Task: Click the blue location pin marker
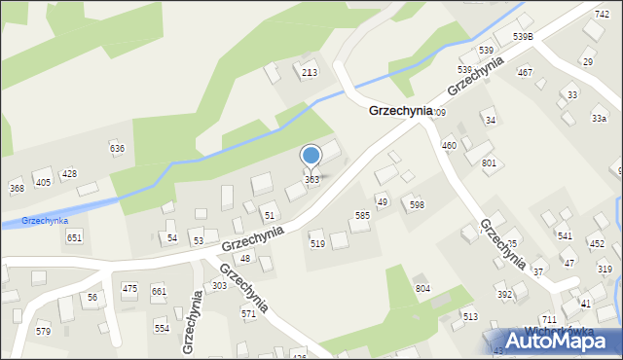click(x=311, y=156)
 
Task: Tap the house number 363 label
click(x=311, y=180)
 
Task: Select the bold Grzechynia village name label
click(x=400, y=111)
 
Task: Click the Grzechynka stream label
click(x=45, y=221)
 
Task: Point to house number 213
click(x=310, y=73)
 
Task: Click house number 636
click(x=117, y=148)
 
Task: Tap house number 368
click(x=17, y=188)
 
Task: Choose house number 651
click(x=74, y=237)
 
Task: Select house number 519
click(x=317, y=244)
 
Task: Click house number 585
click(x=362, y=215)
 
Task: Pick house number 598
click(x=417, y=204)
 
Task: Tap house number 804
click(x=422, y=289)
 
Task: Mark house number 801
click(x=489, y=162)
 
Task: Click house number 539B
click(x=524, y=37)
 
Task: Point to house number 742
click(x=603, y=14)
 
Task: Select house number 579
click(x=43, y=332)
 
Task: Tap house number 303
click(x=219, y=285)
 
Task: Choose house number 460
click(x=449, y=145)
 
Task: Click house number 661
click(x=159, y=291)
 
